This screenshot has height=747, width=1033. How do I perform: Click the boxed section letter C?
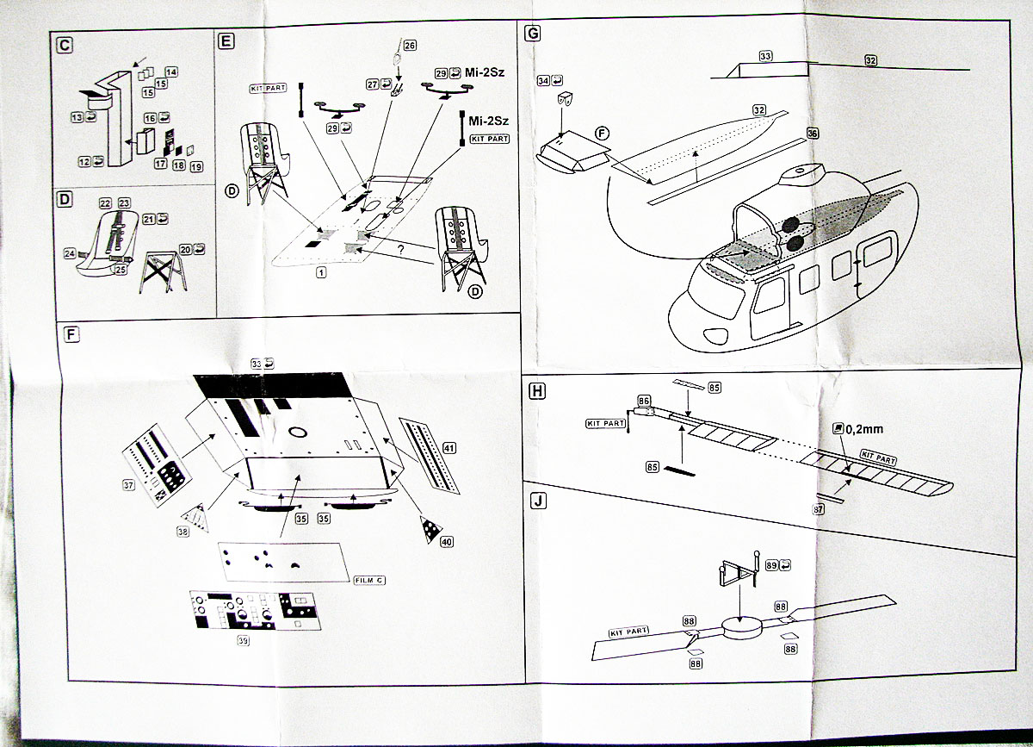(x=63, y=44)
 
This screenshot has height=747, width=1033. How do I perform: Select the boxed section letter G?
(x=534, y=34)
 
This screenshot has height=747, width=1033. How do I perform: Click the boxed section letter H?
(x=536, y=391)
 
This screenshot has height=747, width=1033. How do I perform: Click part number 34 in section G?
(x=542, y=80)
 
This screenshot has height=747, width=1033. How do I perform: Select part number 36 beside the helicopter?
(x=813, y=134)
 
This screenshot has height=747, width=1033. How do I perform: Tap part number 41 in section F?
(x=449, y=447)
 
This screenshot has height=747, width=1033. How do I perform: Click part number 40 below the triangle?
(x=446, y=542)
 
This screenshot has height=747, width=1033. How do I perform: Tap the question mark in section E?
(x=400, y=251)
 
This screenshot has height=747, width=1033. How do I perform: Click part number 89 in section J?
(x=771, y=565)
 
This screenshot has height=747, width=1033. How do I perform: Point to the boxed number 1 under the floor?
(x=320, y=272)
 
